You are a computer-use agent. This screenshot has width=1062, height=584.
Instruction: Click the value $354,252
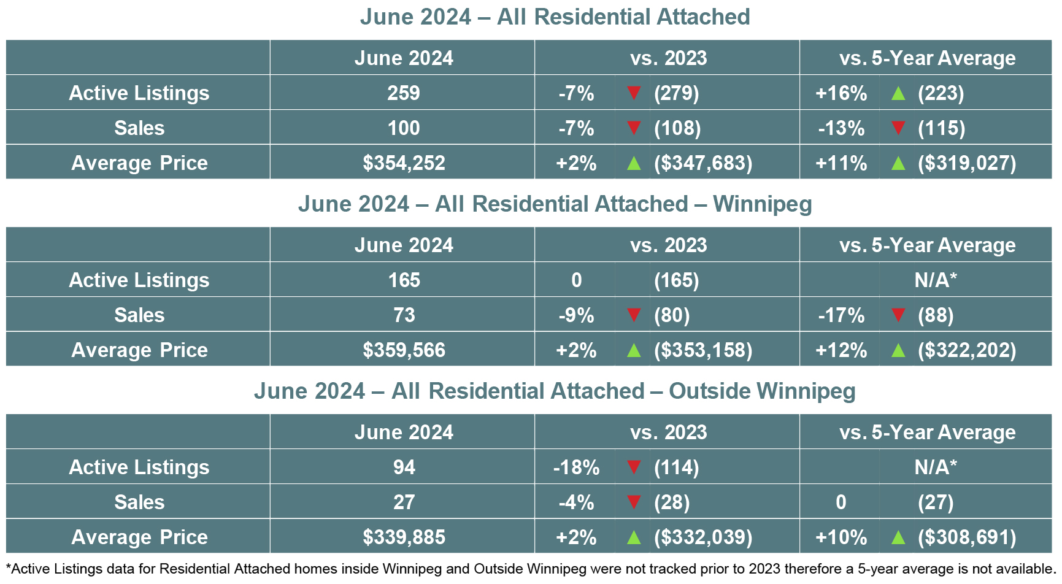[404, 163]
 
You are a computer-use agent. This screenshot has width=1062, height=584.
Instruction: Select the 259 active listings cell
[404, 93]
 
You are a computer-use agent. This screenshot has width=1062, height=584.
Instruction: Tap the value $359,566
[404, 350]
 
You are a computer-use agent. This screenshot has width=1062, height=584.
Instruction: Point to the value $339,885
[404, 537]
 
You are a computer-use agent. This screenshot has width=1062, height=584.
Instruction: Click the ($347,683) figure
[703, 163]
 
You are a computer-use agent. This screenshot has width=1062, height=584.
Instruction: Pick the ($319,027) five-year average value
[967, 163]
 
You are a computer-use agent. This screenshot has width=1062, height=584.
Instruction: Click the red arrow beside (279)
[634, 93]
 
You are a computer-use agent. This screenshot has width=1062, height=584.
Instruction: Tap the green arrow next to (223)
[898, 93]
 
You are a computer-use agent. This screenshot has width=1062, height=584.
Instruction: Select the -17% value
[841, 315]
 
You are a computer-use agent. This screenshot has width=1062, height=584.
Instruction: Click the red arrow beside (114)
[634, 467]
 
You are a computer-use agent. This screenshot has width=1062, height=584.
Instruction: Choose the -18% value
[576, 467]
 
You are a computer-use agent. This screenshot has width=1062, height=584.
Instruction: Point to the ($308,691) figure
[967, 537]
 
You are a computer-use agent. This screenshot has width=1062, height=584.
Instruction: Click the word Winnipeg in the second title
[763, 204]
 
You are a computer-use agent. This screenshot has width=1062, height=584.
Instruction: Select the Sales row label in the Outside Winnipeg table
[139, 502]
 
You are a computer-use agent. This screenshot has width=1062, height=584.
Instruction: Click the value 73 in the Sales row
[404, 315]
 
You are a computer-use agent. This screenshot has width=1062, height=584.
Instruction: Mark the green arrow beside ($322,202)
[898, 350]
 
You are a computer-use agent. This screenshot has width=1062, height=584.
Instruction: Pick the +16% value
[841, 93]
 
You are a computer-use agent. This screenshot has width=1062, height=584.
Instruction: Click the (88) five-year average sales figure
[936, 315]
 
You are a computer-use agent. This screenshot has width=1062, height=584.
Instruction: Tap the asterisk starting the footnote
[9, 567]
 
